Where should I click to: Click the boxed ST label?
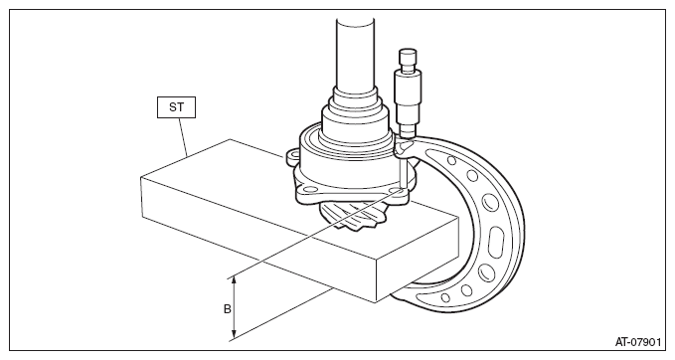coord(176,107)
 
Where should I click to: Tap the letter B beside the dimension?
coord(228,308)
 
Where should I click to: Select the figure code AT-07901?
coord(637,342)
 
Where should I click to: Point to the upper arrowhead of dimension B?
coord(234,279)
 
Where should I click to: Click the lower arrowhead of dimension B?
coord(234,334)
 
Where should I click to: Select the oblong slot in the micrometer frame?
coord(496,244)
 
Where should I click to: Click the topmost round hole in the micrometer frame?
coord(451,161)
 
